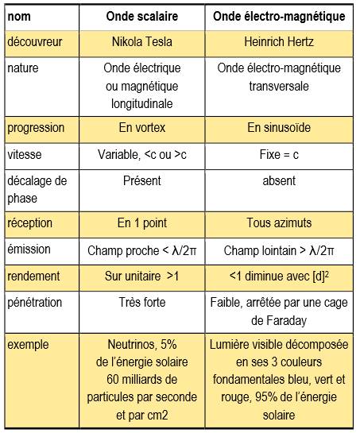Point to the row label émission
tap(29, 249)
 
